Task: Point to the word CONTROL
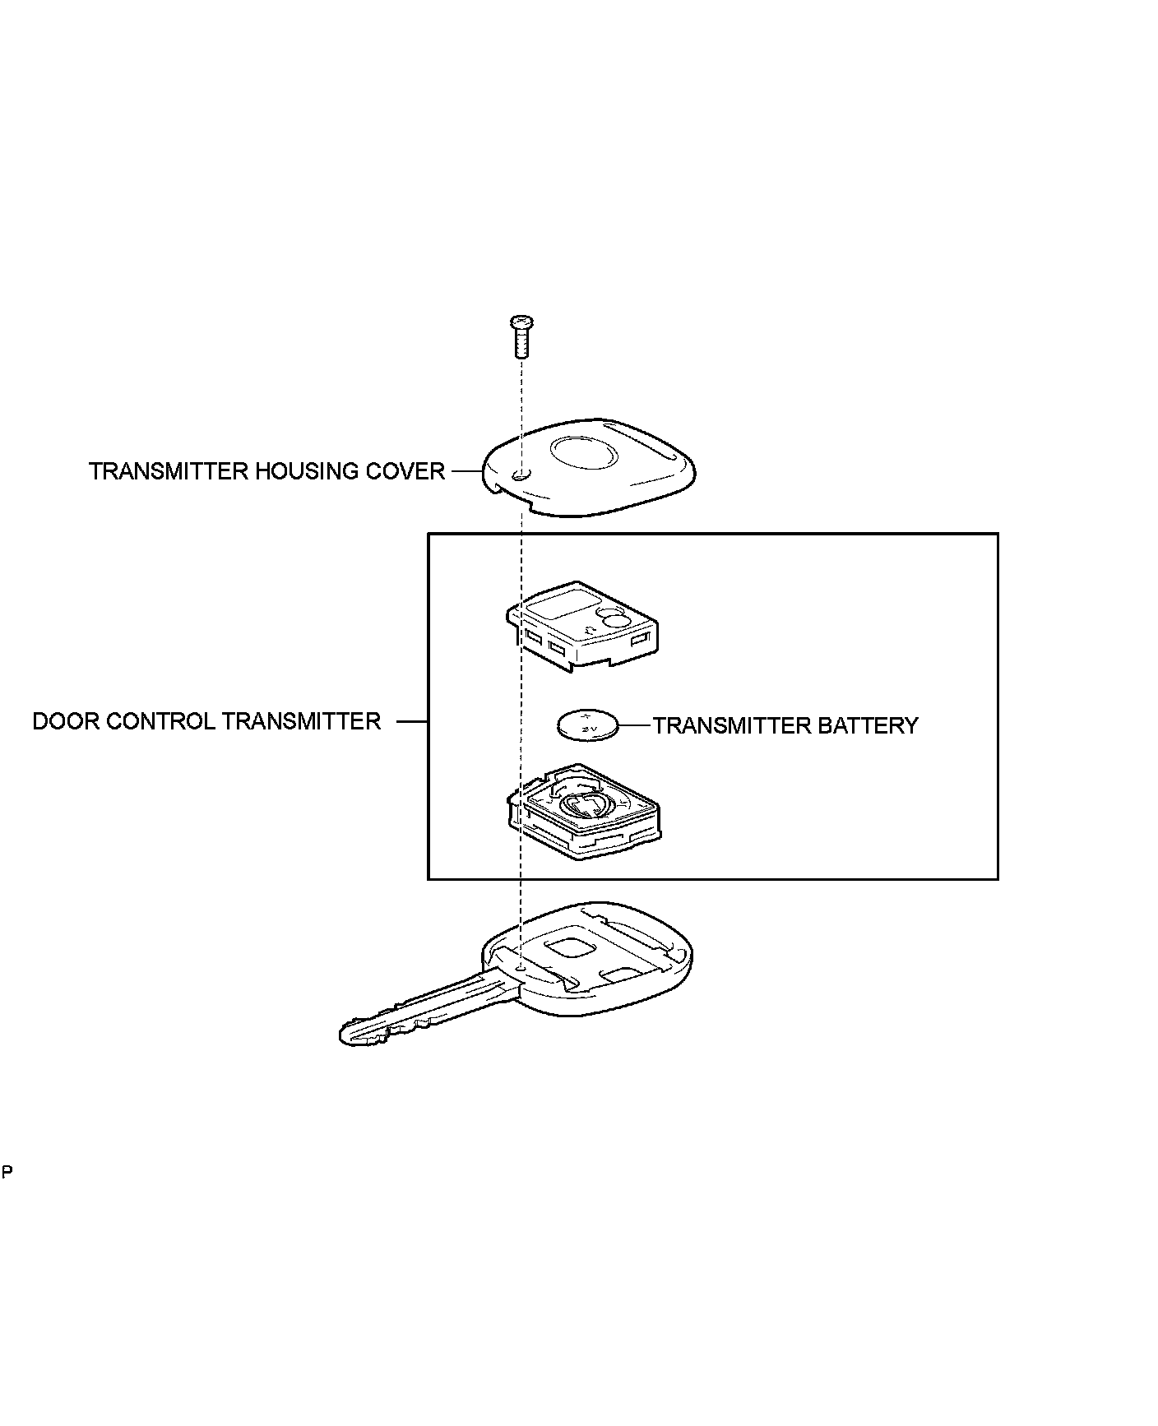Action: pos(161,721)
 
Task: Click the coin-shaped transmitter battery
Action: pos(586,725)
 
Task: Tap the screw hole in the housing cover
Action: pos(518,475)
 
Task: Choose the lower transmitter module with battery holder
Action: pos(583,814)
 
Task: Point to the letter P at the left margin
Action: pos(7,1171)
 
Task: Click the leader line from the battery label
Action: pos(635,725)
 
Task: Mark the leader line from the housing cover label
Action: pos(465,471)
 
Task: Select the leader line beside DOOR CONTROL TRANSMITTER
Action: pos(412,721)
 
